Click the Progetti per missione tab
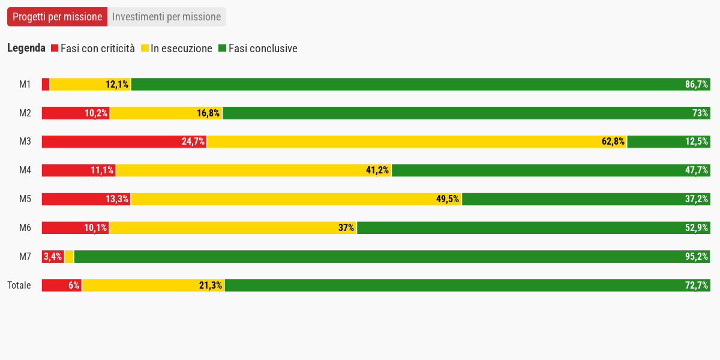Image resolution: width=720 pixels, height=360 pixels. pyautogui.click(x=57, y=17)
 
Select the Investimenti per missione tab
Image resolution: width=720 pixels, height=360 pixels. pyautogui.click(x=166, y=17)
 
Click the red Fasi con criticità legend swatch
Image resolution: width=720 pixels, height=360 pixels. pyautogui.click(x=55, y=49)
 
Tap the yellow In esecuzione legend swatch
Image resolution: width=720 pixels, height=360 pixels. pyautogui.click(x=145, y=49)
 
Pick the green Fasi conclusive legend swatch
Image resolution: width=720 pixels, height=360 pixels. pyautogui.click(x=222, y=49)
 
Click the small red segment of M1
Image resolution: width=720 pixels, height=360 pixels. pyautogui.click(x=46, y=85)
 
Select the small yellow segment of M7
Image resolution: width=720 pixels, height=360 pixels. pyautogui.click(x=69, y=257)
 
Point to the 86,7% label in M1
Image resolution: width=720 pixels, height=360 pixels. pyautogui.click(x=697, y=85)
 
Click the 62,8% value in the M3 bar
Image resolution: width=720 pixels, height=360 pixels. pyautogui.click(x=613, y=142)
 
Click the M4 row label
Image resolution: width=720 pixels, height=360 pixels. pyautogui.click(x=25, y=170)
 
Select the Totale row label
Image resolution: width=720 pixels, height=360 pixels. pyautogui.click(x=19, y=286)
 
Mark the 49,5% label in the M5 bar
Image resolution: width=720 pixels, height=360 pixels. pyautogui.click(x=448, y=199)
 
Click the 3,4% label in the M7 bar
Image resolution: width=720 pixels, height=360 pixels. pyautogui.click(x=53, y=257)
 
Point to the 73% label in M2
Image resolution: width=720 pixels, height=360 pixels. pyautogui.click(x=701, y=113)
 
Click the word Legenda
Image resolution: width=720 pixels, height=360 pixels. pyautogui.click(x=26, y=49)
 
